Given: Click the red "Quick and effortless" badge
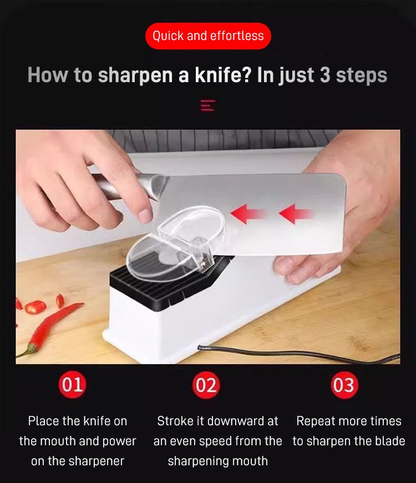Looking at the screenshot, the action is (x=208, y=36).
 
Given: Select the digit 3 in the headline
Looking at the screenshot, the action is (x=325, y=75).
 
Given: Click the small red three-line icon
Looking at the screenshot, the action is (x=208, y=105).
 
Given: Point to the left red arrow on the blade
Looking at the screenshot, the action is (x=248, y=214).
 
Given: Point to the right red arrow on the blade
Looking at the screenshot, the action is (x=297, y=214).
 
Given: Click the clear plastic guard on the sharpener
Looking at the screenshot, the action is (x=176, y=243).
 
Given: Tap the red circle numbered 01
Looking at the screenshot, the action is (x=72, y=385).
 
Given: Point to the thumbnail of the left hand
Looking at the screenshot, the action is (x=145, y=215).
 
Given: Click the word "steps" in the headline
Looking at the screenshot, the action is (x=362, y=76).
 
